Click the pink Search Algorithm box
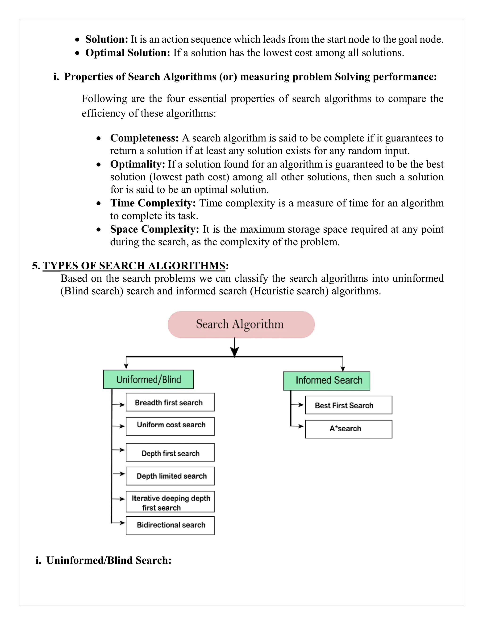coord(241,324)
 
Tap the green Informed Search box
coord(326,381)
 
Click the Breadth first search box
coord(170,402)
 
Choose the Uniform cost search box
coord(170,426)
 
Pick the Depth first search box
coord(170,452)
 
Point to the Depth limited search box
coord(170,476)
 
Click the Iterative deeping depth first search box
coord(170,502)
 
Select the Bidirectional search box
coord(170,525)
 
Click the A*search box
coord(349,429)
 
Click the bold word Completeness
coord(144,138)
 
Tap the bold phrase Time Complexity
coord(153,203)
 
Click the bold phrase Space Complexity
coord(154,229)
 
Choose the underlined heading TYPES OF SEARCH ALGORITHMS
coord(134,266)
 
